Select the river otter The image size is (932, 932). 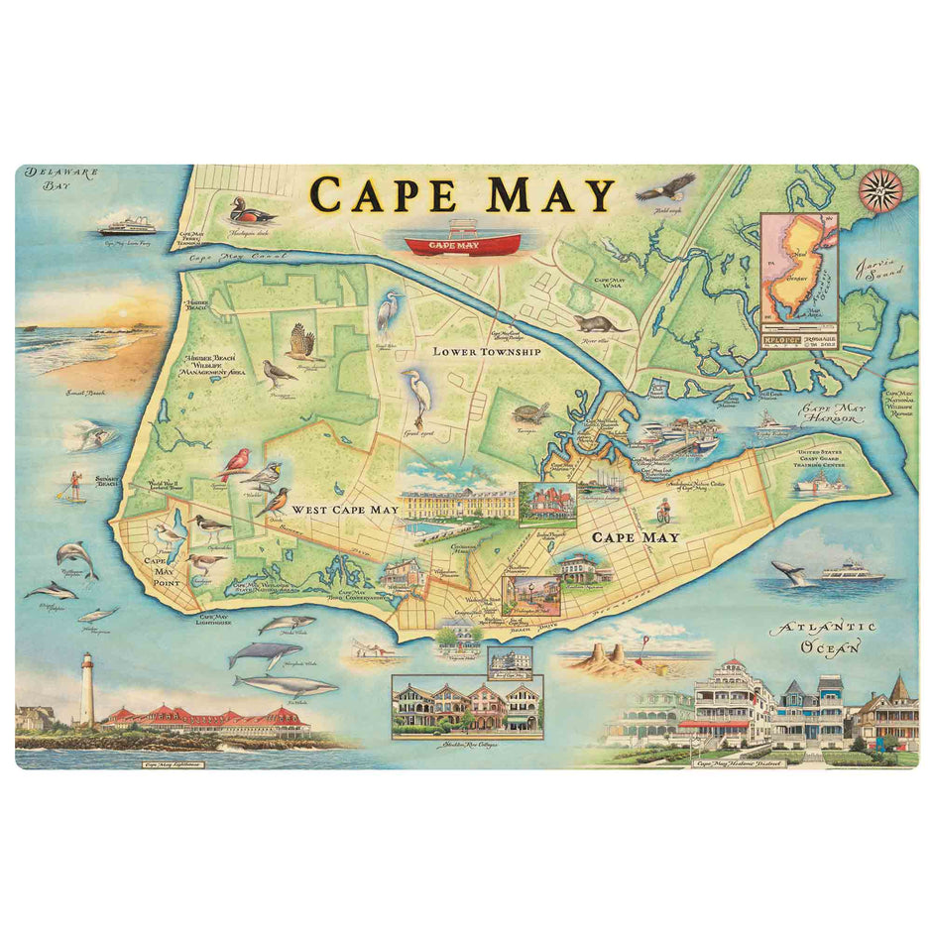(598, 324)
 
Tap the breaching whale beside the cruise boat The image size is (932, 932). (789, 572)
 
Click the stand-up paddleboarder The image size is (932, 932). (74, 485)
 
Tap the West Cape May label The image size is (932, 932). (345, 510)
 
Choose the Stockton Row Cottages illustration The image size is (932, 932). (466, 706)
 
